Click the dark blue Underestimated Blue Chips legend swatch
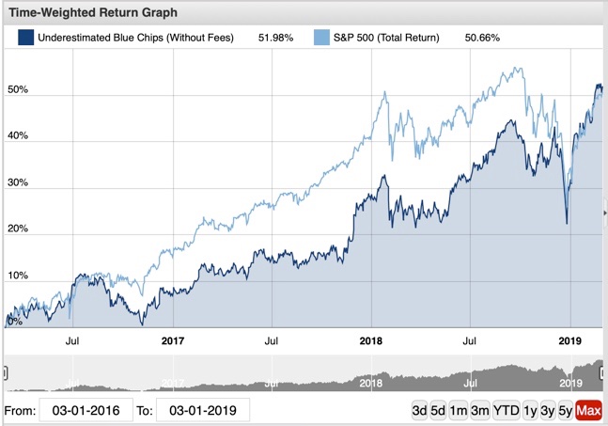tap(26, 38)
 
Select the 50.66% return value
tap(482, 38)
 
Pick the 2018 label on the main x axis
tap(371, 342)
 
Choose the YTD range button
tap(507, 411)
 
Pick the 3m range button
tap(480, 411)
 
